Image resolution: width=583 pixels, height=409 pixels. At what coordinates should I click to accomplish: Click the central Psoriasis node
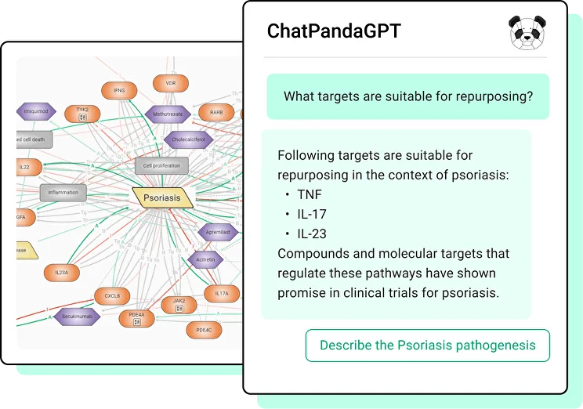[x=161, y=197]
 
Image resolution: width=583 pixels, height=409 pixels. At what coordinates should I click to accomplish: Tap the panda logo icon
[x=527, y=31]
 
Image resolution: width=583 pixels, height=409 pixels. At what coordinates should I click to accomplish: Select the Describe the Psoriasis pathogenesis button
[x=427, y=345]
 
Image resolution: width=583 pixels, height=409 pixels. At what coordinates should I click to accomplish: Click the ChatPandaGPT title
[x=334, y=31]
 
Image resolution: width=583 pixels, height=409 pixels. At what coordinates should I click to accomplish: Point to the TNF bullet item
[x=309, y=194]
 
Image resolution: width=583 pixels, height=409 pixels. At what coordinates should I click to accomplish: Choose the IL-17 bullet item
[x=311, y=214]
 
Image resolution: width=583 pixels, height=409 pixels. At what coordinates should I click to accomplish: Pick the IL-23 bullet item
[x=312, y=233]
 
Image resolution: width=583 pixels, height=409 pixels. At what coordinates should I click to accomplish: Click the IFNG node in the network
[x=119, y=91]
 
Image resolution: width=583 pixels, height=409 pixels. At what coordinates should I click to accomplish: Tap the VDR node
[x=171, y=82]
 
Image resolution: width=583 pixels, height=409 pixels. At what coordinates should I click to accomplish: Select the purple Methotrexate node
[x=168, y=114]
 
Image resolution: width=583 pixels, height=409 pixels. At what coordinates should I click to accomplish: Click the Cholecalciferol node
[x=187, y=141]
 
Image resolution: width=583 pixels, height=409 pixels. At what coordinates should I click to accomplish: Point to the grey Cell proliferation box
[x=162, y=165]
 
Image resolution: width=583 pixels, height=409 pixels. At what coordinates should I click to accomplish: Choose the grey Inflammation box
[x=63, y=192]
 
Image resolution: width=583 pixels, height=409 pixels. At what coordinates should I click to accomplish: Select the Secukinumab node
[x=78, y=317]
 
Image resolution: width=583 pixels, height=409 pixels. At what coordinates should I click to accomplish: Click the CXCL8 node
[x=113, y=296]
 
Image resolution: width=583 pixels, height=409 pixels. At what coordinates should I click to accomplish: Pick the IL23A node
[x=61, y=273]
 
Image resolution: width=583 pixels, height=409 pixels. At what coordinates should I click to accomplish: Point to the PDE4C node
[x=204, y=330]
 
